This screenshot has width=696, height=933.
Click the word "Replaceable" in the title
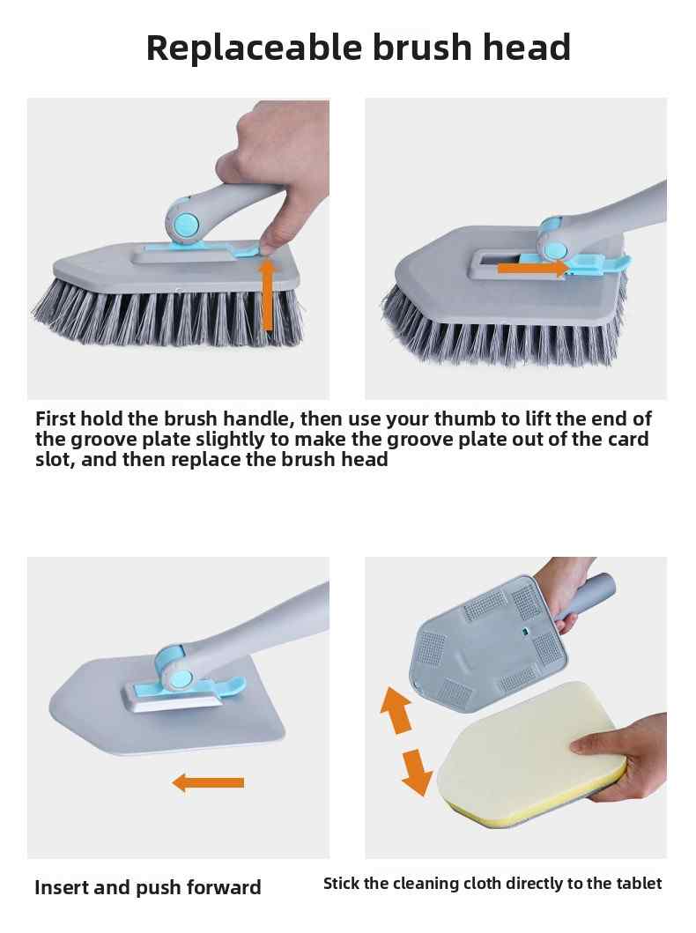coord(254,48)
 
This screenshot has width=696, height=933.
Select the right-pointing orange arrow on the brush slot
coord(532,268)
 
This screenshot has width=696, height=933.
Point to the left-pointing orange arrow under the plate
coord(208,782)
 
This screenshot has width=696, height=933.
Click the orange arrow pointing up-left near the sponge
coord(396,710)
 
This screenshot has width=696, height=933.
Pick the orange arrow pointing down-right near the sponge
coord(417,772)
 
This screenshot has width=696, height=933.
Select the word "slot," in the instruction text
coord(55,459)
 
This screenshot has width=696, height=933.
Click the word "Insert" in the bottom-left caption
coord(62,887)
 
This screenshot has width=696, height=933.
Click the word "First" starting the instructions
coord(56,418)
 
